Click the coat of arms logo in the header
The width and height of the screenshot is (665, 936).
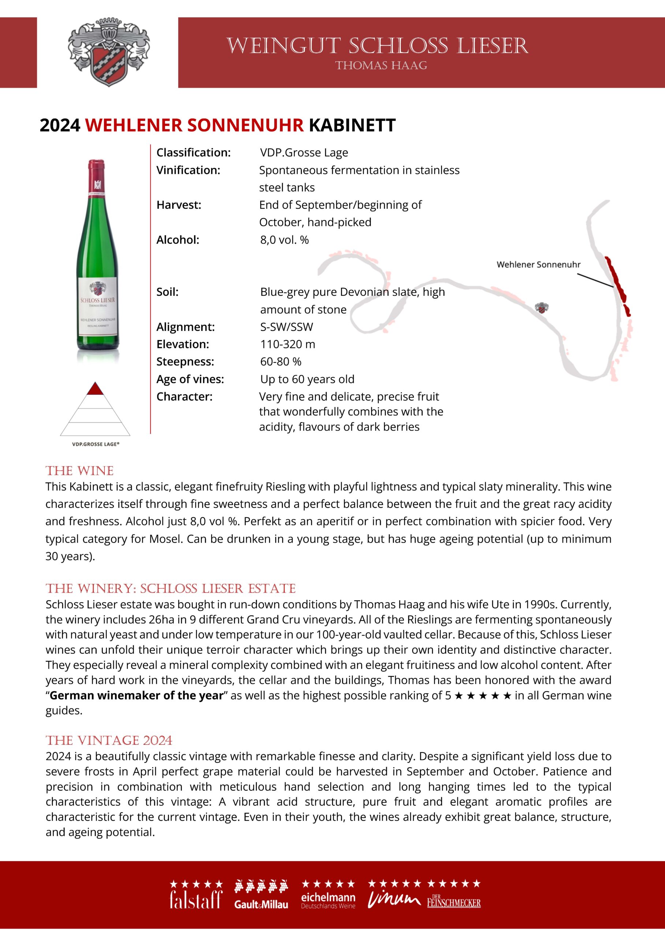click(x=108, y=52)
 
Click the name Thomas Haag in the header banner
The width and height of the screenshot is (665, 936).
click(x=381, y=65)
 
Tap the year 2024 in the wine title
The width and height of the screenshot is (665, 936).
click(x=60, y=125)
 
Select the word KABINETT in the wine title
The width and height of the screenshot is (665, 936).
click(x=352, y=125)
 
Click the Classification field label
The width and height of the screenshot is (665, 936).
click(x=194, y=152)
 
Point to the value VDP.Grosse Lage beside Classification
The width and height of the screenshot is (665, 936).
click(x=304, y=152)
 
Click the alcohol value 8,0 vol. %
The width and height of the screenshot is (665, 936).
click(x=284, y=240)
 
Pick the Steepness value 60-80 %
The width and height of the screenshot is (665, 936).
click(x=280, y=362)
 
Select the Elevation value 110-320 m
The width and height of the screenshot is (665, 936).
click(x=287, y=344)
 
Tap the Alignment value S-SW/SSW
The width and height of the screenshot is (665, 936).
click(x=286, y=327)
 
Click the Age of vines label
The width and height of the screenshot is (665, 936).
click(x=190, y=379)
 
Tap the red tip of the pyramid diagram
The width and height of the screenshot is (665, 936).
click(x=95, y=389)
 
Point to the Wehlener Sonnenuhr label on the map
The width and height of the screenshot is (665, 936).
click(x=538, y=265)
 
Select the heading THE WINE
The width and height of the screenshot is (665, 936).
click(x=79, y=471)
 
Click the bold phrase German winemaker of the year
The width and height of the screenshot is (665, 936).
click(x=137, y=695)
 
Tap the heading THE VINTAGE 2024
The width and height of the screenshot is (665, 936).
click(x=109, y=740)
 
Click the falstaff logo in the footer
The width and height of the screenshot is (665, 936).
click(x=196, y=899)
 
